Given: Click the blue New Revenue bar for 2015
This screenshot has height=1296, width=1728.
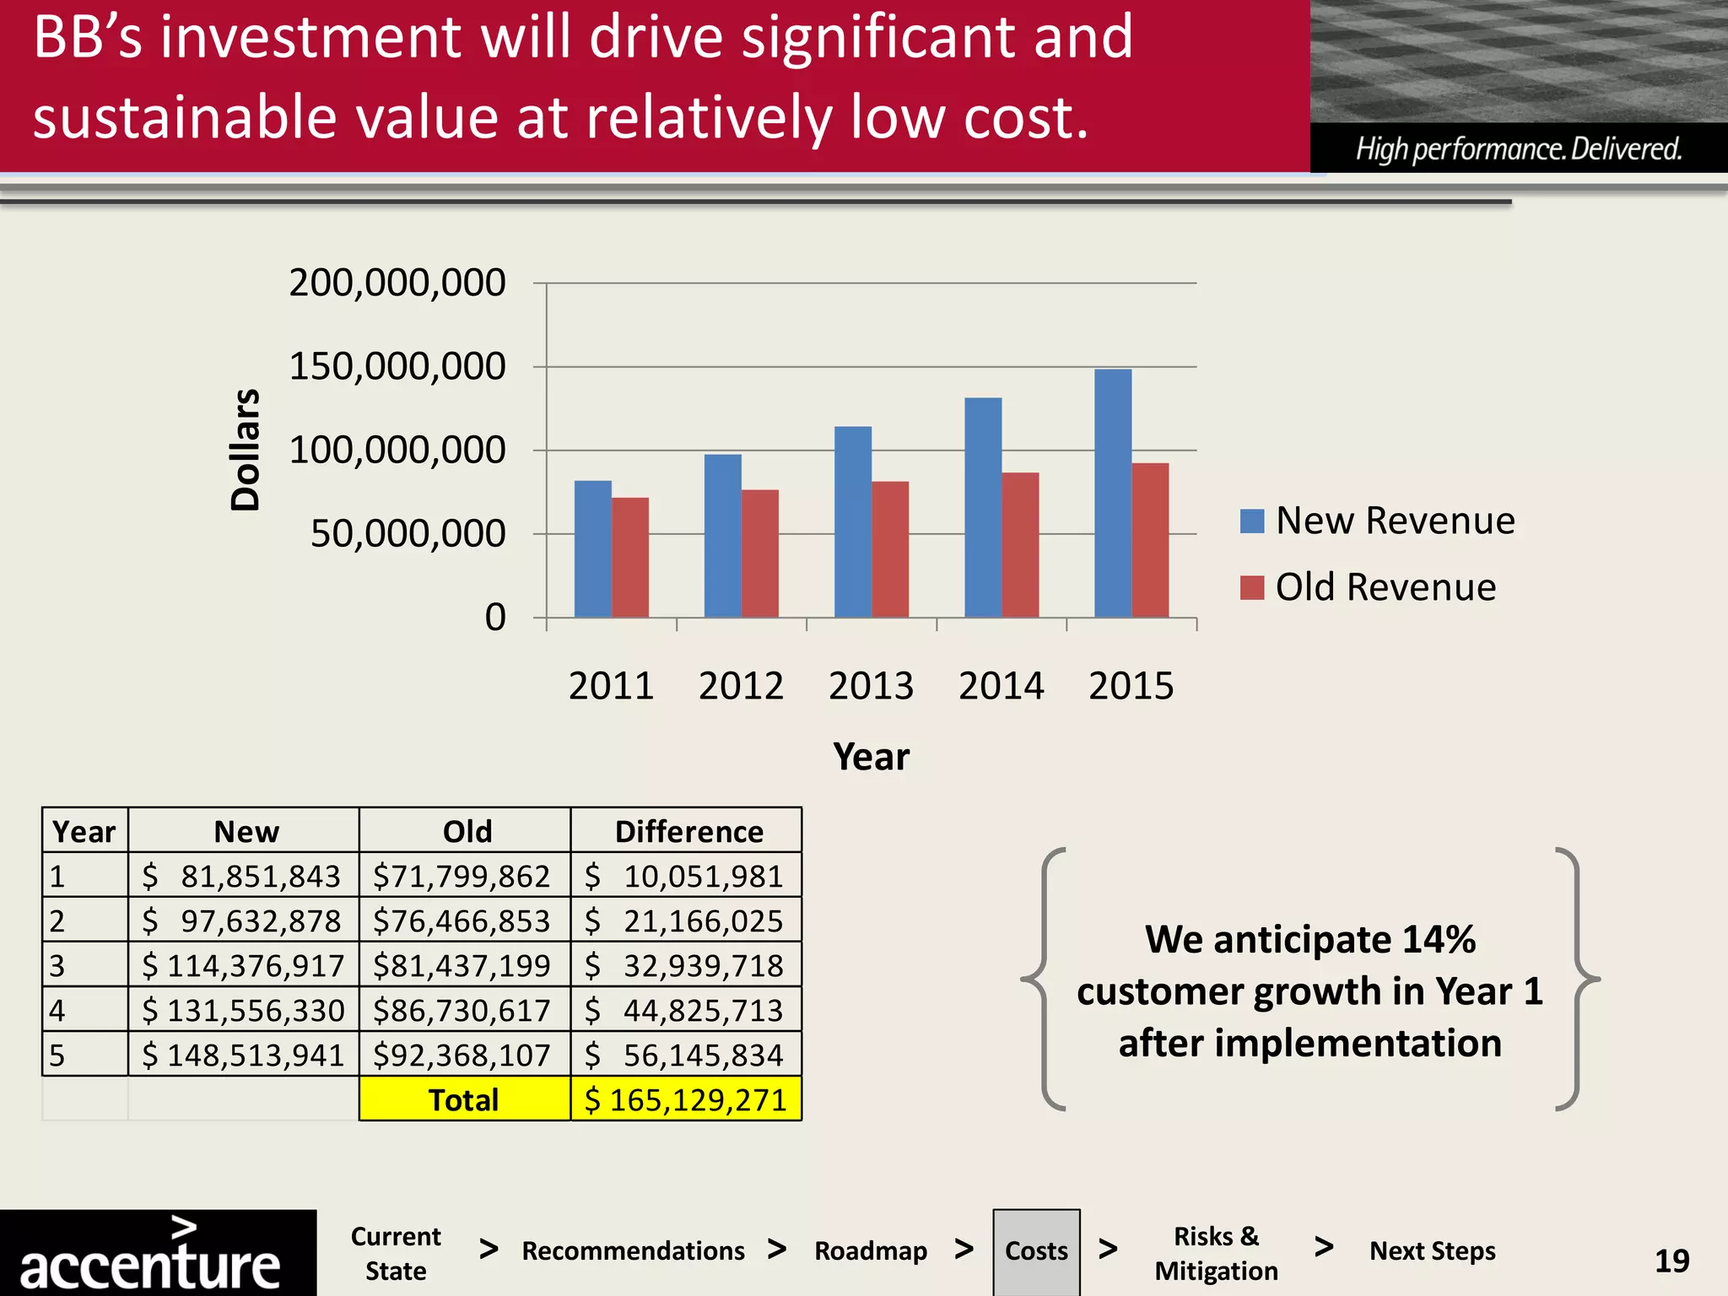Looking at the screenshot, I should tap(1112, 494).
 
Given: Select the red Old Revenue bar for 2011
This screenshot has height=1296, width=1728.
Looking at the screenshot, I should tap(630, 558).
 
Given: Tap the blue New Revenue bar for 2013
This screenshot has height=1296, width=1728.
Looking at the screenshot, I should tap(852, 522).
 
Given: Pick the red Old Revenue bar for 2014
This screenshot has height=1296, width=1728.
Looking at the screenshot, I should tap(1020, 545).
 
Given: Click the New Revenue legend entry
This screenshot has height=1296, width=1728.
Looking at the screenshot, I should tap(1377, 521).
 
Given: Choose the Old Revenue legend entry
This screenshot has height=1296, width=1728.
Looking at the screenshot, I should tap(1368, 587).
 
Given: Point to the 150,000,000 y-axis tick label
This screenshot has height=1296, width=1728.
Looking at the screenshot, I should tap(397, 366).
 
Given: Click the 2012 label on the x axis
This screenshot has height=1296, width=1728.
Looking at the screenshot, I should tap(741, 686).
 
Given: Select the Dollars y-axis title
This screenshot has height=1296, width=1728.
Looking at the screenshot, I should tap(246, 450).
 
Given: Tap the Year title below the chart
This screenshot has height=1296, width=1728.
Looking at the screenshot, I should tap(871, 757).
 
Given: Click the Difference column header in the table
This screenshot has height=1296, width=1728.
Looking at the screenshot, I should tap(688, 832).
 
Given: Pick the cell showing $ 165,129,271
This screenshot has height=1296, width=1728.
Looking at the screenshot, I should tap(686, 1099).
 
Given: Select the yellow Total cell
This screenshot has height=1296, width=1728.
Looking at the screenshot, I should tap(464, 1099).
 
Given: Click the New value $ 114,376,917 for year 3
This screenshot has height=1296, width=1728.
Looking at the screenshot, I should tap(244, 965).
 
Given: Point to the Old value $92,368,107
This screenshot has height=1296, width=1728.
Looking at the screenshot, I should tap(462, 1055).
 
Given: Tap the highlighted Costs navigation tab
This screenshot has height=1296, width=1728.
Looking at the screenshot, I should tap(1036, 1251).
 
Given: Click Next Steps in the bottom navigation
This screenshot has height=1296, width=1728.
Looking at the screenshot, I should tap(1432, 1251).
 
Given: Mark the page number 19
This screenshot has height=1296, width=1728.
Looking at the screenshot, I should tap(1671, 1261).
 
